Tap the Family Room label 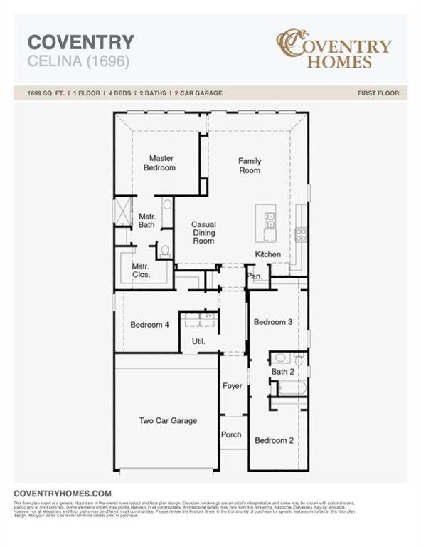pos(249,165)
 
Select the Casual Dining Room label pos(203,232)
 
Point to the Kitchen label pos(268,254)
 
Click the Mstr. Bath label pos(146,220)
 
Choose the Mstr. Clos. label pos(141,270)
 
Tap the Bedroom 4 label pos(149,325)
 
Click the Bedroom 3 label pos(273,322)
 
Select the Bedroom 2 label pos(274,440)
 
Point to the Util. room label pos(198,341)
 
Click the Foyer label pos(232,386)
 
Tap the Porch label pos(231,434)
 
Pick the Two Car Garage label pos(168,420)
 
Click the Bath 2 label pos(282,372)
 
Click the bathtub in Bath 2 pos(292,389)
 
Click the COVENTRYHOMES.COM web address pos(63,493)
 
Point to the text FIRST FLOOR pos(378,93)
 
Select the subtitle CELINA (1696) pos(78,61)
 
